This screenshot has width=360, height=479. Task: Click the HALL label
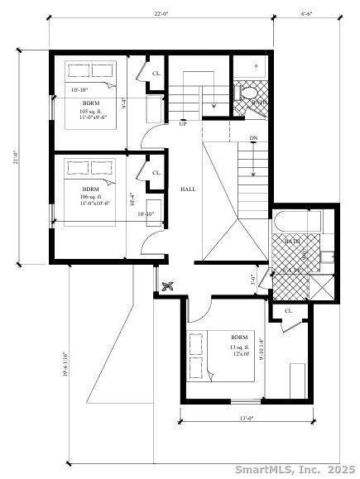(188, 189)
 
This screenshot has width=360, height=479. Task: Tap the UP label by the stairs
(182, 124)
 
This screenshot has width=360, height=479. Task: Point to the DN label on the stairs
(252, 137)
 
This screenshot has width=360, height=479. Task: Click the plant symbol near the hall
(167, 286)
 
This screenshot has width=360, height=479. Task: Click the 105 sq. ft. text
(89, 111)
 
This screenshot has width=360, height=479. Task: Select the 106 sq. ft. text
(90, 196)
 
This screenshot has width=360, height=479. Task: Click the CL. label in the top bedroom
(156, 73)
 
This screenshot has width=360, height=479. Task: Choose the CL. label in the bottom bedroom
(289, 311)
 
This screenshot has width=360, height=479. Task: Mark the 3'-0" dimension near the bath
(253, 280)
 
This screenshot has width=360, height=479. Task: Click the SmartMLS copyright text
(295, 469)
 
